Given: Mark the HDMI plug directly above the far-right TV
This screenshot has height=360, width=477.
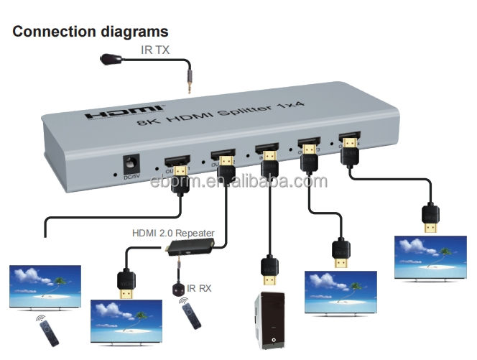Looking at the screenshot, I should click(x=430, y=218).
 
